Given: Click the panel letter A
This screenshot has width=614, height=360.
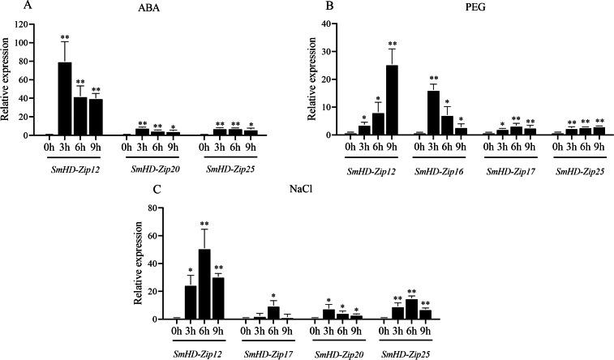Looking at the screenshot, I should pos(6,6).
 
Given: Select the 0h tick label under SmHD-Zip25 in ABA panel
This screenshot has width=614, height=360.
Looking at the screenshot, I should pos(206,147).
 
